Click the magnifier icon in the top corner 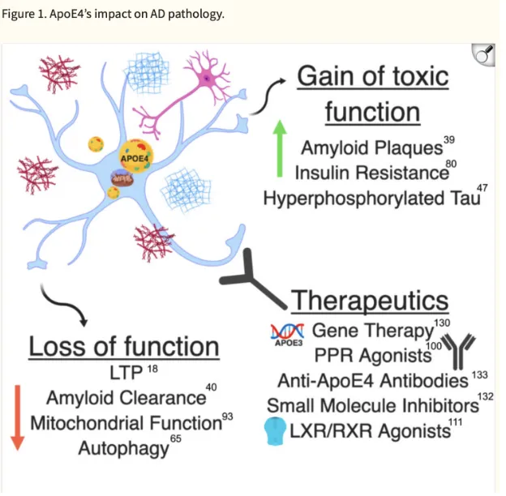coord(484,56)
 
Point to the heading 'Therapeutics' coord(369,301)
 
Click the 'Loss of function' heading coord(124,347)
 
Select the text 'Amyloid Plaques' coord(371,148)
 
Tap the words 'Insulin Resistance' coord(371,173)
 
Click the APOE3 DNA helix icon coord(286,332)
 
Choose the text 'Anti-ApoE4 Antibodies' coord(372,379)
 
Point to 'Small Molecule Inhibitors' coord(372,404)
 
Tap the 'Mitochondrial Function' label coord(126,422)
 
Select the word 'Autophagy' coord(123,447)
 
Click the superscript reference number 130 coord(442,323)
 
